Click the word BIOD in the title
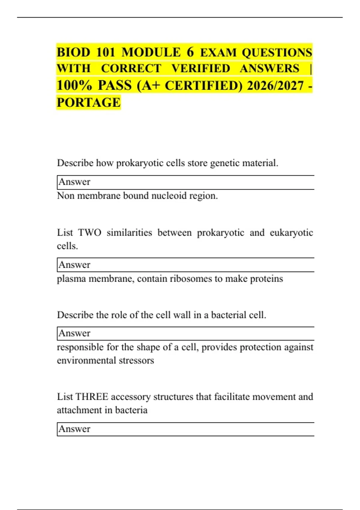tap(73, 52)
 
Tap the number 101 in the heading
tap(106, 52)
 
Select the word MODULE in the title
tap(151, 52)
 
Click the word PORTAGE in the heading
tap(88, 103)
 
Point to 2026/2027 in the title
tap(275, 86)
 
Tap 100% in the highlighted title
tap(74, 86)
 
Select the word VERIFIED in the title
tap(201, 69)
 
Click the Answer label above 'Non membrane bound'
tap(74, 182)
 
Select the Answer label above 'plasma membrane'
tap(74, 265)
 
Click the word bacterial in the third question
tap(229, 315)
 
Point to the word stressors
tap(136, 360)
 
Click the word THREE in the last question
tap(92, 397)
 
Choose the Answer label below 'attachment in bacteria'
tap(74, 429)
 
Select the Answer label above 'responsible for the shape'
tap(74, 333)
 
